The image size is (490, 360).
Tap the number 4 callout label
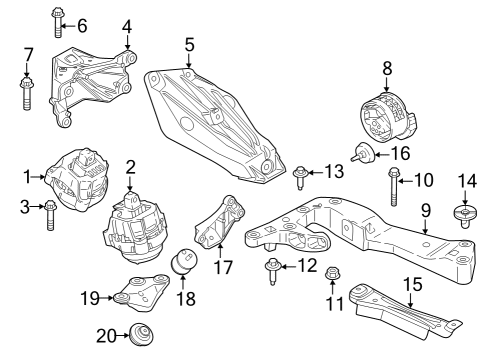point(127,26)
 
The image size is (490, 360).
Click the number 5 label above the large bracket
point(188,44)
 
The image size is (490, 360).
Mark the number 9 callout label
point(424,210)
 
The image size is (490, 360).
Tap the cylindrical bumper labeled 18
point(182,263)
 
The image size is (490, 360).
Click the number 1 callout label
point(27,177)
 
